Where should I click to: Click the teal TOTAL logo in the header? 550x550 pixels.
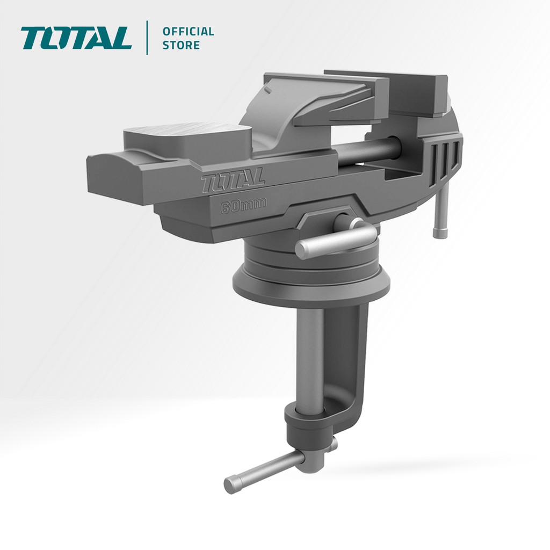click(76, 38)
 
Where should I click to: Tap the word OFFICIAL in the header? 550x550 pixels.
click(188, 32)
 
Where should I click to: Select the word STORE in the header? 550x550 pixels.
click(181, 45)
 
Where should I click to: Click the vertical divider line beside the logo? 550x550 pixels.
click(147, 38)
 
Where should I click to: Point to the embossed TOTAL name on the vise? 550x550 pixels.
click(233, 181)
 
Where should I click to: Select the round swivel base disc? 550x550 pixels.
click(312, 279)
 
